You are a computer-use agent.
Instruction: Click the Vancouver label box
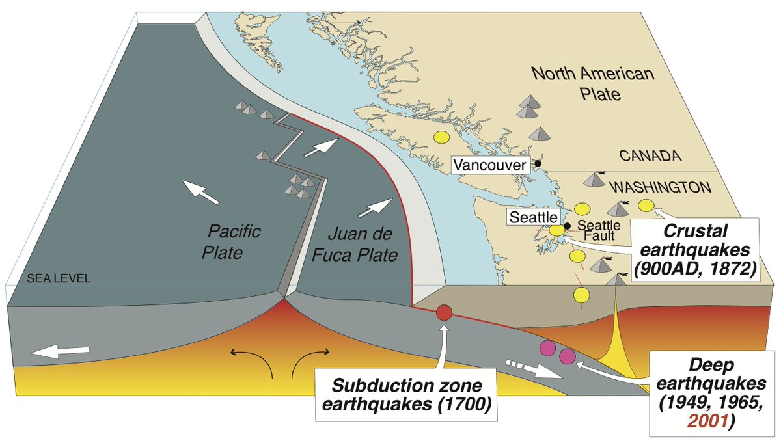click(x=489, y=165)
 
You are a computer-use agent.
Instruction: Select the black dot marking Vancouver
click(x=538, y=163)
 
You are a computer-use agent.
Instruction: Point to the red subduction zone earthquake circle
click(x=444, y=312)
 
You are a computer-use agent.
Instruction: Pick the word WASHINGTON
click(x=659, y=187)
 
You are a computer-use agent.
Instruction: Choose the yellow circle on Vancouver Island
click(x=441, y=138)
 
